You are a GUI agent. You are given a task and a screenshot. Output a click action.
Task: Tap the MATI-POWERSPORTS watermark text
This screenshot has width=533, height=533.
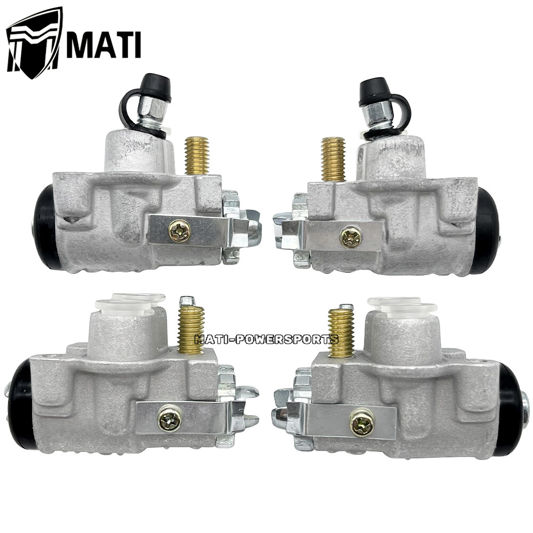click(x=266, y=339)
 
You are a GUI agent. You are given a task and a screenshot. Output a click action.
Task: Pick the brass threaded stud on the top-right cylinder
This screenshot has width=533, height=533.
click(x=333, y=159)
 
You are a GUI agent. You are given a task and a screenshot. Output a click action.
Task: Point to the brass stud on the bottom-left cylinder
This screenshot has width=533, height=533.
click(x=191, y=329)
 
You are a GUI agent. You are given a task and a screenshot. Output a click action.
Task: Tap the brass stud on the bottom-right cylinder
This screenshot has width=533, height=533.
click(x=341, y=333)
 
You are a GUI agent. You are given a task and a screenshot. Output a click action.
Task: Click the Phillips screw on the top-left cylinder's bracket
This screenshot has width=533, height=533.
click(x=179, y=231)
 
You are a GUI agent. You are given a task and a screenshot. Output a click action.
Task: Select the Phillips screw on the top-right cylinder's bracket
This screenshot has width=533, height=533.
click(x=351, y=237)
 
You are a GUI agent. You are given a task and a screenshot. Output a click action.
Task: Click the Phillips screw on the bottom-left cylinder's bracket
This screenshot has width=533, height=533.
click(x=169, y=419)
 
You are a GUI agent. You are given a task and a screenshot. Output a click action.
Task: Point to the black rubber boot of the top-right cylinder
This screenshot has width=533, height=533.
click(x=487, y=230)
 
